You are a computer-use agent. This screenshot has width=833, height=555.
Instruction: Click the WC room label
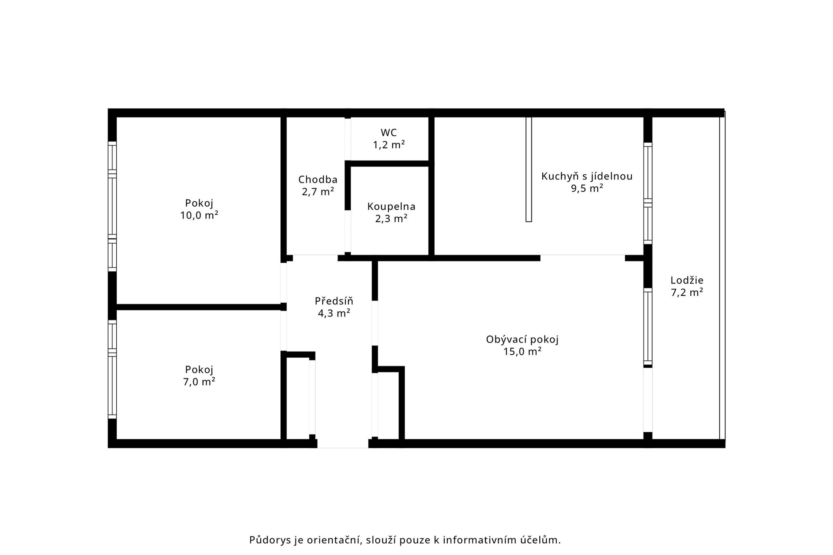click(x=389, y=133)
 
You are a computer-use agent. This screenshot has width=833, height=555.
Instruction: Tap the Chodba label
click(x=318, y=180)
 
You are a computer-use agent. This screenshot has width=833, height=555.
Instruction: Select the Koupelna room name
click(x=391, y=207)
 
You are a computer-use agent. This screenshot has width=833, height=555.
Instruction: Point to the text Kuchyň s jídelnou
click(x=587, y=176)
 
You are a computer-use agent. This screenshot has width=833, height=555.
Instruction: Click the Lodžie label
click(x=687, y=281)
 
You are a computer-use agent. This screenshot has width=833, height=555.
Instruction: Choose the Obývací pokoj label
click(x=522, y=340)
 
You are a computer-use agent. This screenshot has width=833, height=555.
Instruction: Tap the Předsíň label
click(x=334, y=301)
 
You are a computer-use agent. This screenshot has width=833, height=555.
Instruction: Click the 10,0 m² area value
click(x=199, y=215)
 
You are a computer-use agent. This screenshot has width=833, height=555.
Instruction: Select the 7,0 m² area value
click(x=199, y=382)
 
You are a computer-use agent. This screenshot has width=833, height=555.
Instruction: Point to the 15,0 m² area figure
click(x=522, y=351)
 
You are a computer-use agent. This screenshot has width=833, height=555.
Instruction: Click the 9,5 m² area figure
click(x=587, y=188)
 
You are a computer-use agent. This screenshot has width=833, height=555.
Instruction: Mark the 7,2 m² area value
click(x=687, y=292)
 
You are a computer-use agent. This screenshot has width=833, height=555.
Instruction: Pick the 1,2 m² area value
click(x=389, y=144)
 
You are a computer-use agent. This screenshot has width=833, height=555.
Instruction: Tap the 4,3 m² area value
click(x=334, y=313)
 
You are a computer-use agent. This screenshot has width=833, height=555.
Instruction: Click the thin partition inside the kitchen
click(x=528, y=169)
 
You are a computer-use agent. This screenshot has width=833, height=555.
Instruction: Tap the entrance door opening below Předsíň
click(x=343, y=444)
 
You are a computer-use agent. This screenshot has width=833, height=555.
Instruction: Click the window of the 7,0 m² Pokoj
click(x=112, y=370)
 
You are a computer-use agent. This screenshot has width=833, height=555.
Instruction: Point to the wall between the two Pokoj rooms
click(x=199, y=307)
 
